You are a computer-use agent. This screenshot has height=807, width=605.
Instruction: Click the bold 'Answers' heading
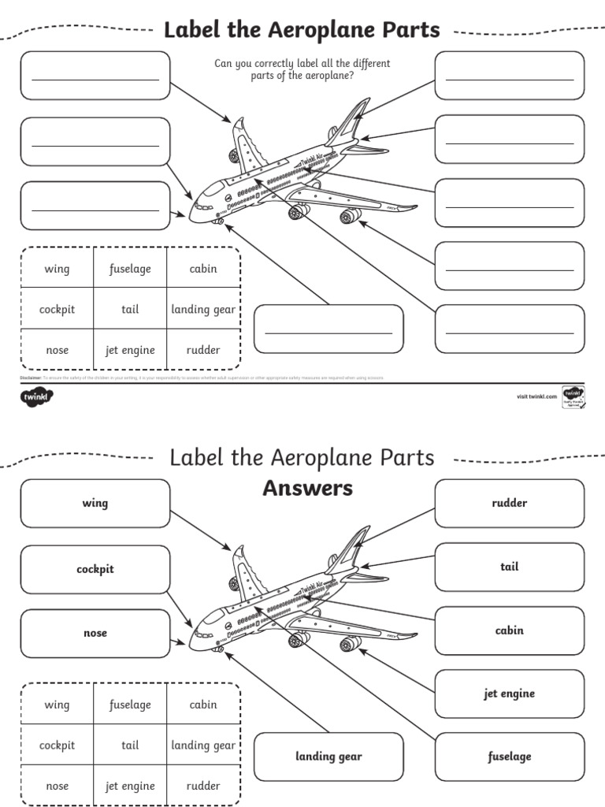coord(307,489)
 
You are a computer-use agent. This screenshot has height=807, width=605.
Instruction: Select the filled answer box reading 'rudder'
coord(509,503)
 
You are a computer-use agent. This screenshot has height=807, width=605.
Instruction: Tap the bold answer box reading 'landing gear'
coord(328,757)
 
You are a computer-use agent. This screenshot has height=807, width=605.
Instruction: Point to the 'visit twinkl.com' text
coord(536,396)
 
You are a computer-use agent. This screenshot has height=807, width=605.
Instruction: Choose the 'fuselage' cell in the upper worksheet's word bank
coord(130,269)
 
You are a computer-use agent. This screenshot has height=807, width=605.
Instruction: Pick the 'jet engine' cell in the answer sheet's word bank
coord(130,786)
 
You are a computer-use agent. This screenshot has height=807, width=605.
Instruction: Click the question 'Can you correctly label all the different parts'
coord(302,69)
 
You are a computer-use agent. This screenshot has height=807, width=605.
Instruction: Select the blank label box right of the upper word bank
coord(328,329)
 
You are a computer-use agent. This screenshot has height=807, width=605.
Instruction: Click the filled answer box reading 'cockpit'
coord(95,569)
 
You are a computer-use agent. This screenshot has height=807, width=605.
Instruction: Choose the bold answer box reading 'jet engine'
coord(509,694)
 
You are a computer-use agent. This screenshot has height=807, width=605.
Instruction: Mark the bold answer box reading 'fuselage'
coord(509,757)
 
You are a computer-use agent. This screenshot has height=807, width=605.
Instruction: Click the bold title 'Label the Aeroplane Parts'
coord(301,30)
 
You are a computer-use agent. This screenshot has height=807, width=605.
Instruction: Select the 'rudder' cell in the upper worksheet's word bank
coord(203,350)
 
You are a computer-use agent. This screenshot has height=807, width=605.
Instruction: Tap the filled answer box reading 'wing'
coord(95,503)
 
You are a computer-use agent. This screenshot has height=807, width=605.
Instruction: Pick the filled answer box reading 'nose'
coord(95,633)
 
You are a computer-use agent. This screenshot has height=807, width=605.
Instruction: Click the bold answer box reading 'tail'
coord(509,567)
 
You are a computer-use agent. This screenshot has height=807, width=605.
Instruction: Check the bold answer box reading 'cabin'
coord(509,630)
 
